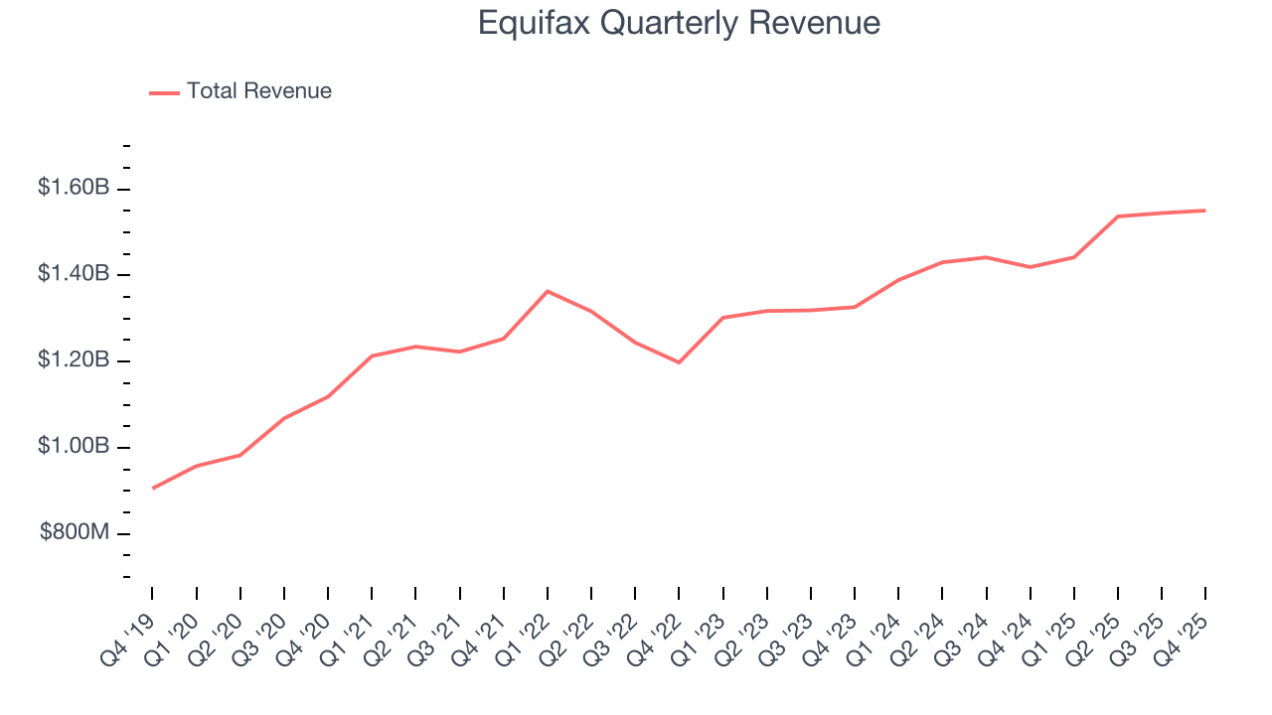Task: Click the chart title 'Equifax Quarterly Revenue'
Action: [x=679, y=22]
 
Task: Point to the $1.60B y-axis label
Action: [x=74, y=188]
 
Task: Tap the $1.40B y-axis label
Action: [x=74, y=274]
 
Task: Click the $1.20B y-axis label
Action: [x=74, y=360]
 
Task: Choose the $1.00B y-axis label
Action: [x=74, y=447]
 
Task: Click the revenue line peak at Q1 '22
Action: [x=548, y=291]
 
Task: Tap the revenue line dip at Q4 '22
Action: [x=679, y=362]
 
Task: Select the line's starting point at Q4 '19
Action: [x=153, y=488]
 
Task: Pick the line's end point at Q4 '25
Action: [x=1205, y=211]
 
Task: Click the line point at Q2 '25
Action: [x=1118, y=216]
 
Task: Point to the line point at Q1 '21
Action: [x=372, y=356]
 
